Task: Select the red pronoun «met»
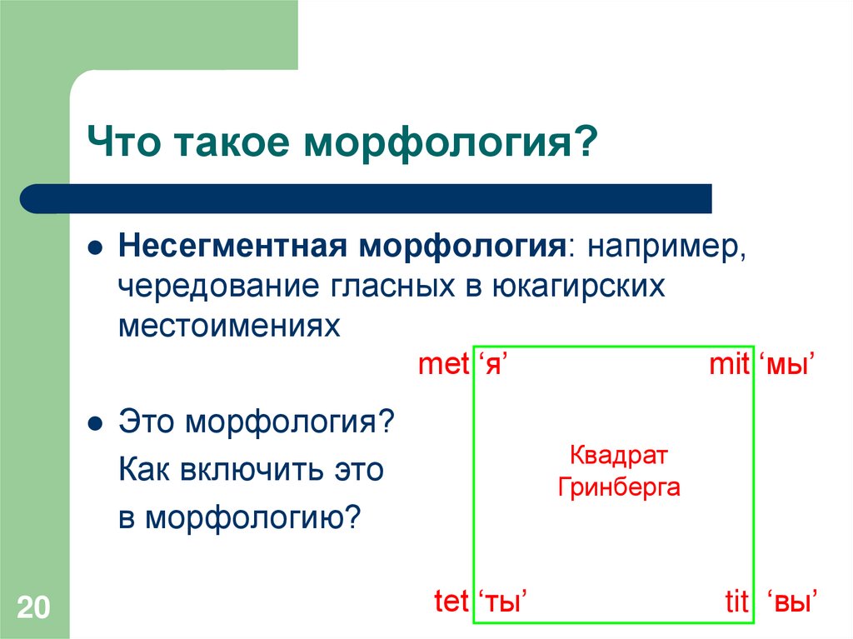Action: pyautogui.click(x=444, y=366)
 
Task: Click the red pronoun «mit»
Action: pyautogui.click(x=729, y=366)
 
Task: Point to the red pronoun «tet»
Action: pyautogui.click(x=451, y=602)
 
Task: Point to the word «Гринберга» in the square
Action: pyautogui.click(x=618, y=487)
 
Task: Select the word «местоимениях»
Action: pyautogui.click(x=229, y=325)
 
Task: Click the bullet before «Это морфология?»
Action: pyautogui.click(x=96, y=423)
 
